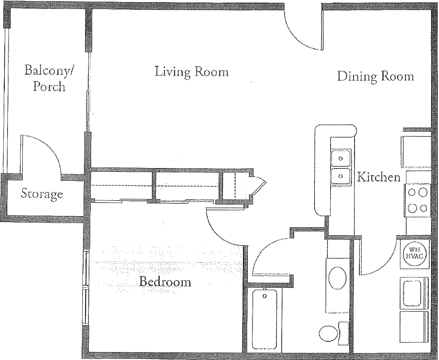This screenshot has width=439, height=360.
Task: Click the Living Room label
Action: (x=191, y=71)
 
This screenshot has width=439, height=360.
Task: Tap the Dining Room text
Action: (x=375, y=77)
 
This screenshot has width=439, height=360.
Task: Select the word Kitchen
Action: (x=379, y=177)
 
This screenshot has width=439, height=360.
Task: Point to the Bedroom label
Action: (x=165, y=282)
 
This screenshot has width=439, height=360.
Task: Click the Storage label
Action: (x=42, y=194)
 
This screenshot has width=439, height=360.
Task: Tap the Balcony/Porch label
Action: (x=49, y=78)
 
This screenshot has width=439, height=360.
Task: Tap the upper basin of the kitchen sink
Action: (x=341, y=158)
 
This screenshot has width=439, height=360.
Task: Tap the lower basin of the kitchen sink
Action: (x=341, y=176)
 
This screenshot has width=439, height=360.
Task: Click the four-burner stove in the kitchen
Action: (x=417, y=200)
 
